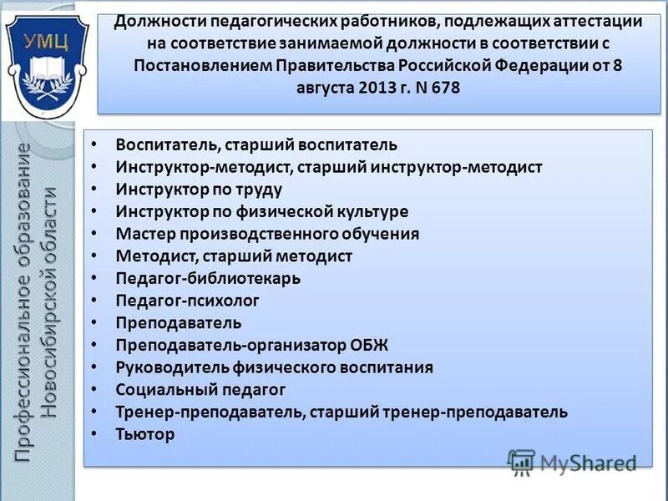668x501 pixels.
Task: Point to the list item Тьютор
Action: coord(145,434)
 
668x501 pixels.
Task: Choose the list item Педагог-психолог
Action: coord(187,301)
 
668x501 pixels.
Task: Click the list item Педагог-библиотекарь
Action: coord(208,278)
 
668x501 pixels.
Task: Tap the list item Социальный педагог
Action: coord(200,389)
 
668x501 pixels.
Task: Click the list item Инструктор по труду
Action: coord(199,189)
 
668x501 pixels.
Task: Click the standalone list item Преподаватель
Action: coord(179,322)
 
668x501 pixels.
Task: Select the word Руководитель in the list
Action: coord(167,367)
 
